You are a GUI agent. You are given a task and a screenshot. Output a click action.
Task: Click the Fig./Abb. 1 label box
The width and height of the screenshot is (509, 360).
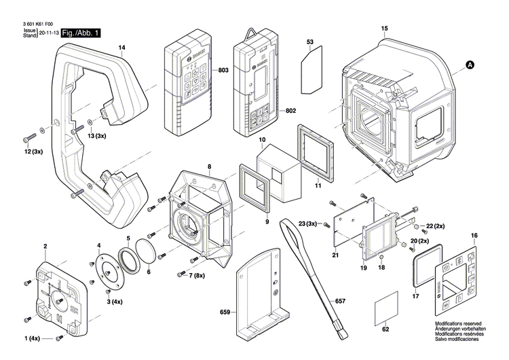pyautogui.click(x=80, y=33)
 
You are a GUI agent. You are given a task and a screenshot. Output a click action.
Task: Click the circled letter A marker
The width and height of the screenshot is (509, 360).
pyautogui.click(x=469, y=65)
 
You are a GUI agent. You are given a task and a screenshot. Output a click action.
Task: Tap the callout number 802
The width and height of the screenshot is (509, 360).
pyautogui.click(x=290, y=110)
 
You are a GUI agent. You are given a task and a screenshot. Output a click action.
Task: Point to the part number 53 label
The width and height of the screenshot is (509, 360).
pyautogui.click(x=310, y=43)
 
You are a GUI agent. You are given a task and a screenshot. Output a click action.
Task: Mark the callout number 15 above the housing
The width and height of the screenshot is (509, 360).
pyautogui.click(x=385, y=28)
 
